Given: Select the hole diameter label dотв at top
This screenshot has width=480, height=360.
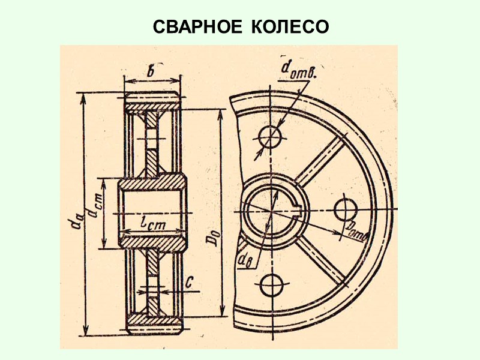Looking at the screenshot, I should pyautogui.click(x=298, y=71).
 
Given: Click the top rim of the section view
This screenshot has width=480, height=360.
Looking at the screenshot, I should pyautogui.click(x=152, y=99).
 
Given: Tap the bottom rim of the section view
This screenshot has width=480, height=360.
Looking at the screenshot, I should pyautogui.click(x=152, y=324).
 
